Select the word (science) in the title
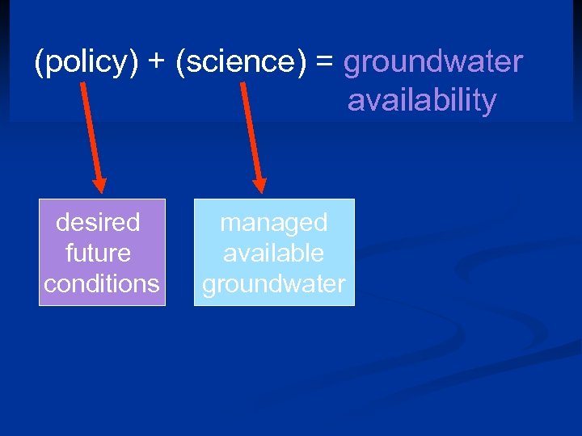tap(241, 63)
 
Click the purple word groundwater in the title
tap(433, 63)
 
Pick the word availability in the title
tap(422, 102)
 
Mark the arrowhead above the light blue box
tap(260, 185)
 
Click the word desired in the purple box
tap(98, 222)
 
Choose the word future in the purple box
tap(98, 253)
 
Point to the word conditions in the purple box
tap(102, 283)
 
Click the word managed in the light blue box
tap(274, 222)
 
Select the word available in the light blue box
tap(274, 253)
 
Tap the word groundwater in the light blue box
tap(274, 283)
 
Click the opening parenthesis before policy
tap(39, 63)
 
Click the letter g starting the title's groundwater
tap(352, 65)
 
